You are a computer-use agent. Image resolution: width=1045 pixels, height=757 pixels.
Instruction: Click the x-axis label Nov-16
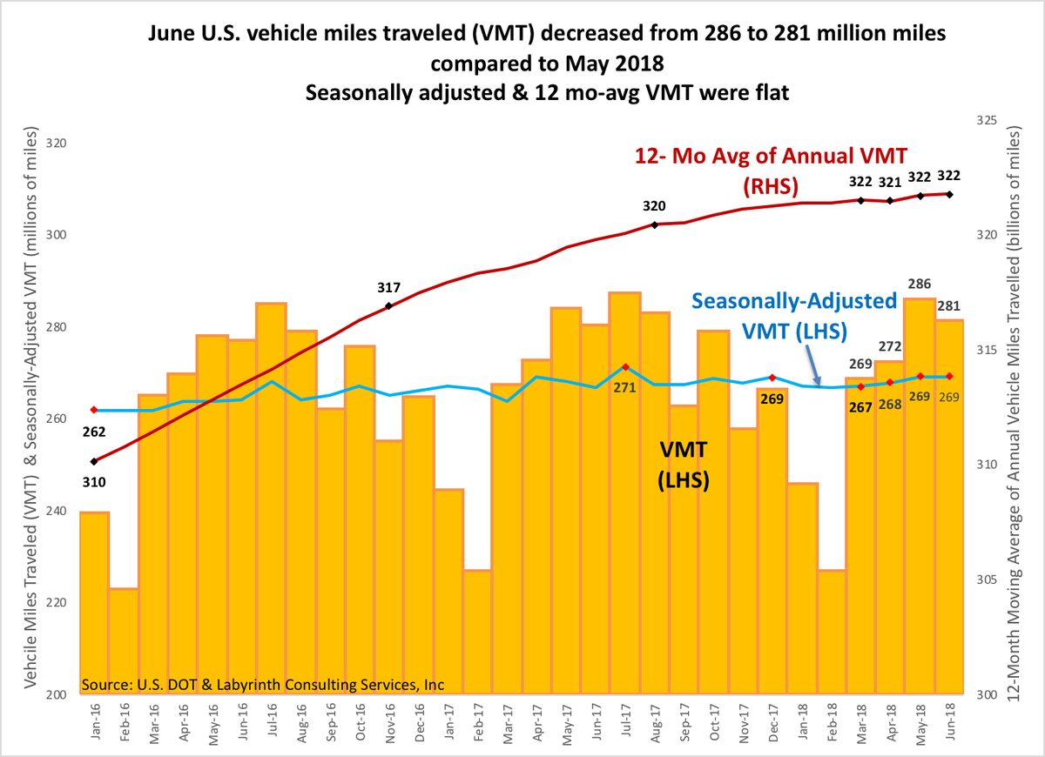[390, 722]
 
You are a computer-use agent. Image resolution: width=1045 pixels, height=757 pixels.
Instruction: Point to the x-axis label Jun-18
[951, 722]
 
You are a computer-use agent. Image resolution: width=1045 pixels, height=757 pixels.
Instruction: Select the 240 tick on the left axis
[55, 512]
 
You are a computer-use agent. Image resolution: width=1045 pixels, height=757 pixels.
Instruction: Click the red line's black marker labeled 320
[654, 224]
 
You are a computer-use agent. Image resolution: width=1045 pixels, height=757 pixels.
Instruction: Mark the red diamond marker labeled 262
[94, 410]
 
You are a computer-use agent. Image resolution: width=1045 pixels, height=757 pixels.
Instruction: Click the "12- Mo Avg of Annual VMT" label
[770, 156]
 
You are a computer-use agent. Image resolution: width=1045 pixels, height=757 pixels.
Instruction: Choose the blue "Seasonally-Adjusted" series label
[794, 301]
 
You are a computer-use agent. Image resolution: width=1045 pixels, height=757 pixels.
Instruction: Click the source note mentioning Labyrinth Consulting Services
[264, 685]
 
